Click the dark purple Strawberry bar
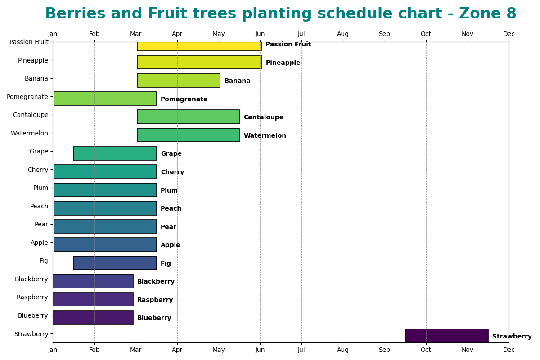[446, 336]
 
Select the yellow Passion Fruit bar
[199, 46]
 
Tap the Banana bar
[178, 81]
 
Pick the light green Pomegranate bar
[105, 99]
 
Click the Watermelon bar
[188, 135]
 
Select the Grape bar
[115, 153]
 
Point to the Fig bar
[115, 263]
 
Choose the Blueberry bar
[93, 317]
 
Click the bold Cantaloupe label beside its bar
[263, 117]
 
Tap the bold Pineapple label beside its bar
[283, 63]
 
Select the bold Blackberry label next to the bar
[156, 282]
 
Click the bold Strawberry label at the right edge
[512, 337]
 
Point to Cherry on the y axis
[38, 170]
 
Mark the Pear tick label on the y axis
[41, 225]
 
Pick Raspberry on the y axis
[32, 297]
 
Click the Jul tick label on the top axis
[301, 34]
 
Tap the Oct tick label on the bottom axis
[426, 350]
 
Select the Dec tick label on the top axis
[508, 34]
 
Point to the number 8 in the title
[511, 14]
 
